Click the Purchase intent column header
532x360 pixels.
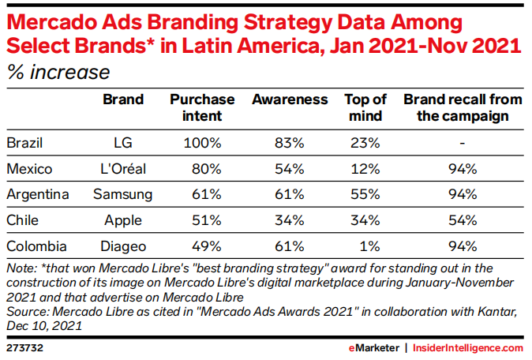[203, 107]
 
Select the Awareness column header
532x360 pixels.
[290, 100]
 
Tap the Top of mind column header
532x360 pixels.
[365, 107]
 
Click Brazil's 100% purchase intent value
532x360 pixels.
[203, 143]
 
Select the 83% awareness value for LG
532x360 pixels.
[290, 143]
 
